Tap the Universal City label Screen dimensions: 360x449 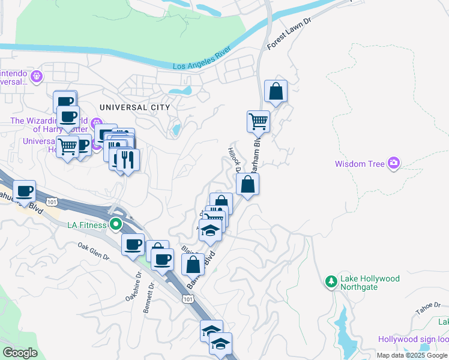(135, 107)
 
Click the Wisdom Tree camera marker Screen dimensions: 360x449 (394, 162)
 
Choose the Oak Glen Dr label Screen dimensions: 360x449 (93, 251)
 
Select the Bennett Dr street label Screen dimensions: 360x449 (149, 298)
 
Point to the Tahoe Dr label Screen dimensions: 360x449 (428, 311)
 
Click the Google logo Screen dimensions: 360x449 (20, 353)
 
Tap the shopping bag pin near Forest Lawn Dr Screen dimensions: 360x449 (276, 92)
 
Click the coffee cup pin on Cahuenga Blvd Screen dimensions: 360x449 (24, 191)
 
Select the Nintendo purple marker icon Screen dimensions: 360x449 (37, 76)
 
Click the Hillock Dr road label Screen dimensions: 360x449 (234, 159)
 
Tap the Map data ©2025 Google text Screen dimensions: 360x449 (411, 355)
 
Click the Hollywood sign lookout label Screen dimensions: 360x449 (413, 339)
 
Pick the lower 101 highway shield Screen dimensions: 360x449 (188, 299)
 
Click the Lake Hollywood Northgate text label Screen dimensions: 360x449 (370, 283)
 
